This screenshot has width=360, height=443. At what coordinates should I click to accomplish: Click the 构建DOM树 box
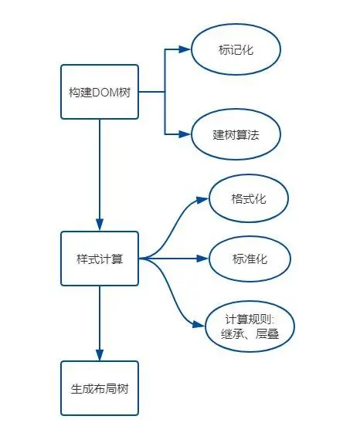pos(100,92)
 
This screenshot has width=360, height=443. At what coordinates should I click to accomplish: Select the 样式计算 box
pos(100,259)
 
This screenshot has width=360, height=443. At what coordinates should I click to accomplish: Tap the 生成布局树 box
pos(100,388)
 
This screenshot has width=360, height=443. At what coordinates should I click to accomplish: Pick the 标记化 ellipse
pos(236,49)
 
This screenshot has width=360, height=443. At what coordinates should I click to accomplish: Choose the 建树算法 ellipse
pos(236,134)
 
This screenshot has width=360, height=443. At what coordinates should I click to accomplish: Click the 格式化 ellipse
pos(249,198)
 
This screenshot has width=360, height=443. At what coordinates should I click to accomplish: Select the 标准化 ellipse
pos(250,259)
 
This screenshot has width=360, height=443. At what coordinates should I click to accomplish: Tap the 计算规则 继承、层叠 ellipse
pos(250,326)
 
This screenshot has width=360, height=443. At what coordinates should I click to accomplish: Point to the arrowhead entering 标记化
pos(185,49)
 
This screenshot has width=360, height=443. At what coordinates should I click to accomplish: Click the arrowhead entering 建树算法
pos(185,134)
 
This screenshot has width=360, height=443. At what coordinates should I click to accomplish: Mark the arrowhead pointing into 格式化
pos(202,200)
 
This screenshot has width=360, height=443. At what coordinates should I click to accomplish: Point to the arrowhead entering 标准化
pos(202,259)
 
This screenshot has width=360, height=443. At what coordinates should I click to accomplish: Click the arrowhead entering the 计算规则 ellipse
pos(199,324)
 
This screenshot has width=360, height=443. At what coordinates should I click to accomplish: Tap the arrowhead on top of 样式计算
pos(100,225)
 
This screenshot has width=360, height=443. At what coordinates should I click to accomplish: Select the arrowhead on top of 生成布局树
pos(100,355)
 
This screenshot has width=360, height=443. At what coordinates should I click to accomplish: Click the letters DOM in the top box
pos(104,93)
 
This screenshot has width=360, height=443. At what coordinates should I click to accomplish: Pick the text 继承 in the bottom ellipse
pos(232,334)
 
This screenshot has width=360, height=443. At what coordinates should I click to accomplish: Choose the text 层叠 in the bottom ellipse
pos(267,334)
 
